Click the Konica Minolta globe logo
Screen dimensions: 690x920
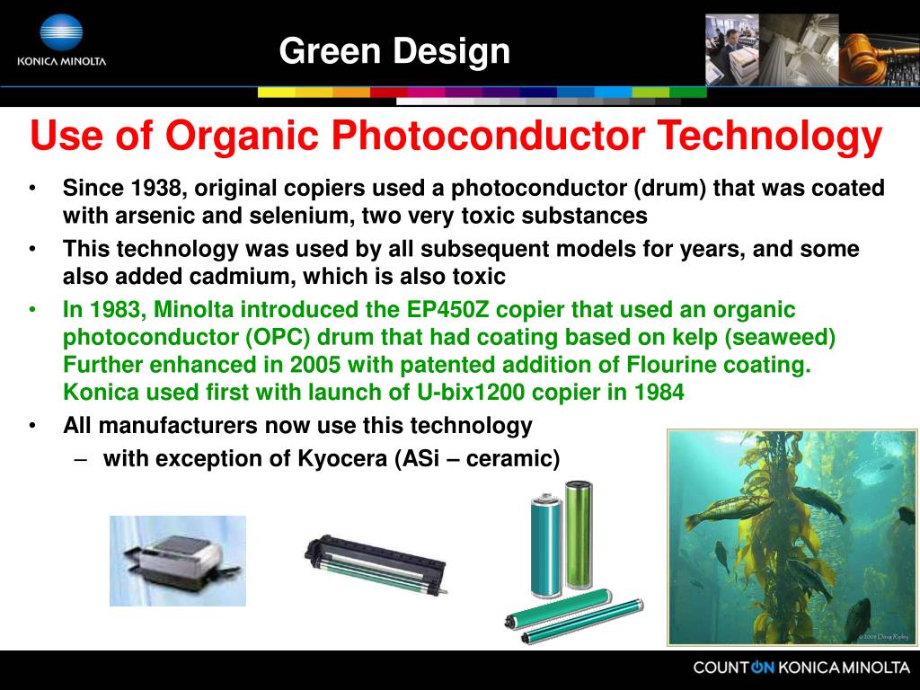coord(61,33)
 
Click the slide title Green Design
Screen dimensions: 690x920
coord(394,51)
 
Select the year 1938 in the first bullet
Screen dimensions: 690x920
coord(157,189)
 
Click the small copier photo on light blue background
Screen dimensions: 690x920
coord(177,560)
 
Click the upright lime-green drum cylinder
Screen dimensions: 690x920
coord(578,534)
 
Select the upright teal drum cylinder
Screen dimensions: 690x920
coord(545,548)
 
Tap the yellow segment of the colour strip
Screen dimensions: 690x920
coord(276,92)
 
